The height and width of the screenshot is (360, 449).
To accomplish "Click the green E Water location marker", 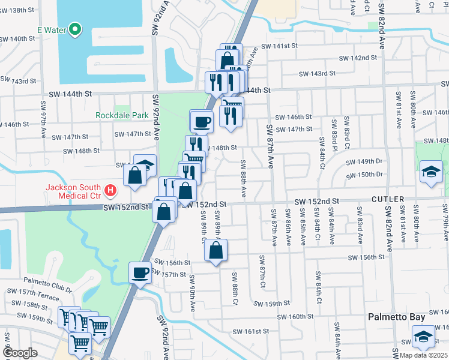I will [x=75, y=28].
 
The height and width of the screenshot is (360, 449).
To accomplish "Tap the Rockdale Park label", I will [x=122, y=115].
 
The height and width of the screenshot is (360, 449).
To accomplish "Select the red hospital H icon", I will [x=110, y=191].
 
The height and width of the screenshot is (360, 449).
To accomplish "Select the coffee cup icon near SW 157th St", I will [x=140, y=273].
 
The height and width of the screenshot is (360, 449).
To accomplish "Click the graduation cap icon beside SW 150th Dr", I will [x=430, y=172].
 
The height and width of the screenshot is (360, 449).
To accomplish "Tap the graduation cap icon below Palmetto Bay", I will [x=423, y=337].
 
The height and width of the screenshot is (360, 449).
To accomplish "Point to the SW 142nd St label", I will [x=358, y=58].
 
